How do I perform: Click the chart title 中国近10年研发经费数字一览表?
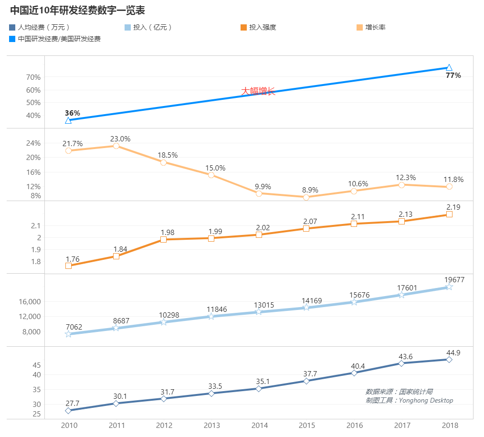(77, 10)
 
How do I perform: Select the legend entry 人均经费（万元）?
(43, 27)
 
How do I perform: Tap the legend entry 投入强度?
(262, 27)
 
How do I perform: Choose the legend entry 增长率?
(375, 27)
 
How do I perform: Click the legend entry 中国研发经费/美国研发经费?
(59, 39)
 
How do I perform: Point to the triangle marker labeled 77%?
(449, 67)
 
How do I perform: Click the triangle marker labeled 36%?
(68, 120)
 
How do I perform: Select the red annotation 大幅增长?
(258, 91)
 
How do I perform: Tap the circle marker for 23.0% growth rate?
(116, 146)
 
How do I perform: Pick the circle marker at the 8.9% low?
(306, 197)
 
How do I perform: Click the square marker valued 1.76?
(68, 266)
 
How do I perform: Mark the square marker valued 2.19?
(449, 214)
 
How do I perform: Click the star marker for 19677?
(449, 287)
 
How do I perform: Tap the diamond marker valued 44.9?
(449, 360)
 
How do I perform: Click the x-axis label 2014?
(259, 426)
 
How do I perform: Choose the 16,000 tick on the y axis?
(31, 302)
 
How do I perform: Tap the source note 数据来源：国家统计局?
(399, 392)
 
